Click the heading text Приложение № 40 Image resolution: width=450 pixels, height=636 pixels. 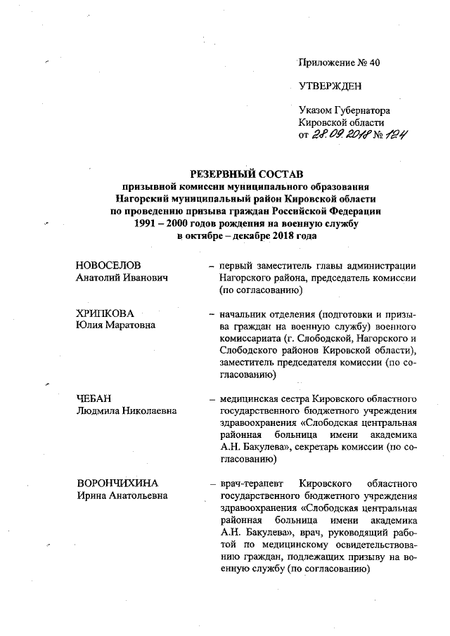click(339, 63)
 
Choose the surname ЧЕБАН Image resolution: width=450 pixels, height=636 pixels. click(94, 398)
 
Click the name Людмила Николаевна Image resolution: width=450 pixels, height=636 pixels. click(126, 410)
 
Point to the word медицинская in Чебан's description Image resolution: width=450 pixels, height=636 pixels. click(247, 398)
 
